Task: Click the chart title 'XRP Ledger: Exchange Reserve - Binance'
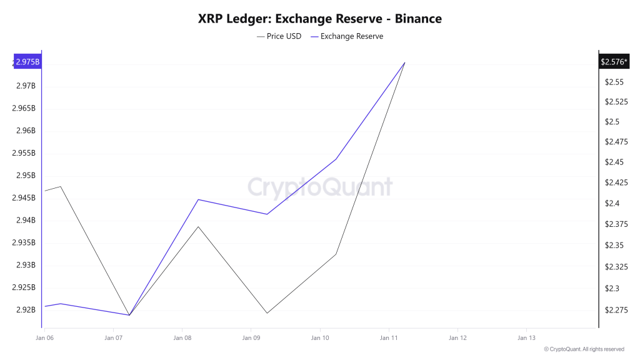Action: tap(319, 19)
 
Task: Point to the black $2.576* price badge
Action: tap(614, 62)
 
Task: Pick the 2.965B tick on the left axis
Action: tap(25, 108)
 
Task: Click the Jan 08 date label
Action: tap(182, 338)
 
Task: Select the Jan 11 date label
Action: tap(389, 338)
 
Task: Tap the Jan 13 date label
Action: tap(527, 338)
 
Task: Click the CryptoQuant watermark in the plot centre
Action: tap(320, 187)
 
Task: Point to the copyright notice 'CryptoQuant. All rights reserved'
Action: tap(584, 349)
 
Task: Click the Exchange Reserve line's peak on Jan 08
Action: tap(198, 199)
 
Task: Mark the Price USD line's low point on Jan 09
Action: tap(267, 313)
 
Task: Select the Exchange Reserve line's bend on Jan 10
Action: tap(336, 159)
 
